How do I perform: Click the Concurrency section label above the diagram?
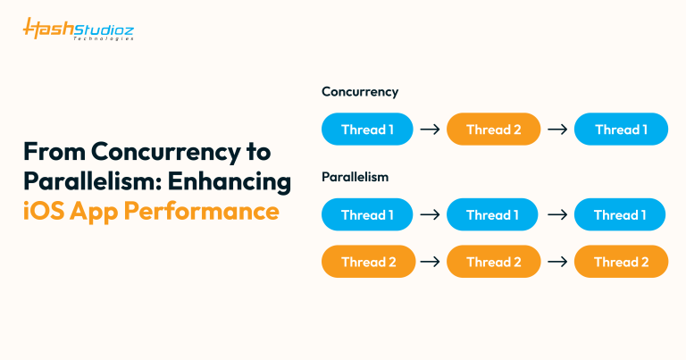point(360,92)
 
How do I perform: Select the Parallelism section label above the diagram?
point(356,178)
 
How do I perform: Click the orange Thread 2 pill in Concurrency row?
point(493,130)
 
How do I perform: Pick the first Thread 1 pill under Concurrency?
point(367,130)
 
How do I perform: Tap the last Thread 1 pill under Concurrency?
point(620,130)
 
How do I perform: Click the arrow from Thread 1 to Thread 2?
point(430,130)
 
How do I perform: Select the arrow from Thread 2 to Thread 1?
point(557,130)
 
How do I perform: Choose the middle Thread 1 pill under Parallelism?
point(493,215)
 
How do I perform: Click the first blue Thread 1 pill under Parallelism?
point(367,215)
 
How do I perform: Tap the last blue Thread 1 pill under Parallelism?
point(620,215)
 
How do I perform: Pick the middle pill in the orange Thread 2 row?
point(493,262)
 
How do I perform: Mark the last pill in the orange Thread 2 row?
point(620,262)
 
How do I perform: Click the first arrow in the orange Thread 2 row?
point(430,262)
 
